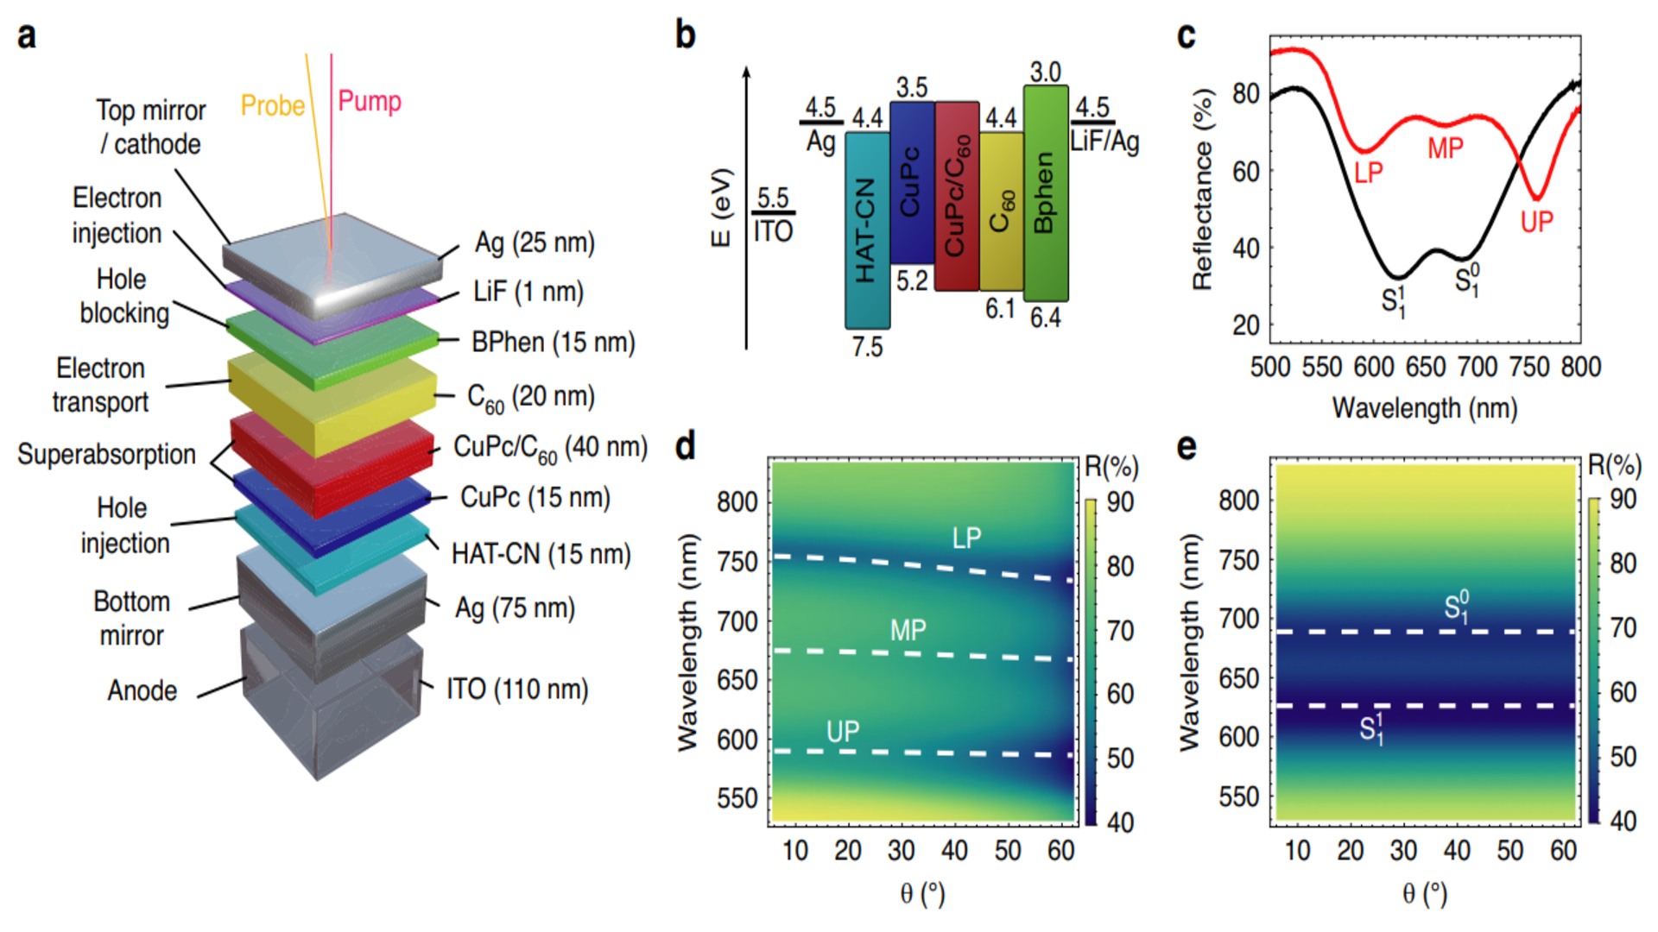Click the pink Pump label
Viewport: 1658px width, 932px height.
[369, 101]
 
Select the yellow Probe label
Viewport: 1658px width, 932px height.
[272, 105]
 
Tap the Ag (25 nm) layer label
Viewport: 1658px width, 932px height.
[535, 242]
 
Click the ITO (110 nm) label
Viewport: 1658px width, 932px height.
[516, 689]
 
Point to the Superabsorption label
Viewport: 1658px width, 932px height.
[106, 454]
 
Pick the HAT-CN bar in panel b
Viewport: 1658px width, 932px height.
[866, 230]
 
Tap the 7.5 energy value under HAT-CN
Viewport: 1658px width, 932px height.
[867, 347]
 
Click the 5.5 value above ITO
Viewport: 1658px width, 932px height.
[773, 198]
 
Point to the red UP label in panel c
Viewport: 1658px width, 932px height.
[1536, 223]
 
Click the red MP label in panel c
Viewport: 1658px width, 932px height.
[1445, 148]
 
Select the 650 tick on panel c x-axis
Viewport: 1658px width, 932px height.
[1425, 367]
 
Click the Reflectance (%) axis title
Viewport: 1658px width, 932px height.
[1202, 190]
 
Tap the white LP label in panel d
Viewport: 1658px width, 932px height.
[966, 538]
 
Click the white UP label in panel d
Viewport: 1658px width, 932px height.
[842, 732]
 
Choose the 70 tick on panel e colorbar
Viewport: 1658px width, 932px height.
[1623, 627]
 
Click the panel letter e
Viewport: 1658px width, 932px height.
[1187, 447]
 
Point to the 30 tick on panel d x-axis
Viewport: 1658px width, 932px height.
[901, 851]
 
